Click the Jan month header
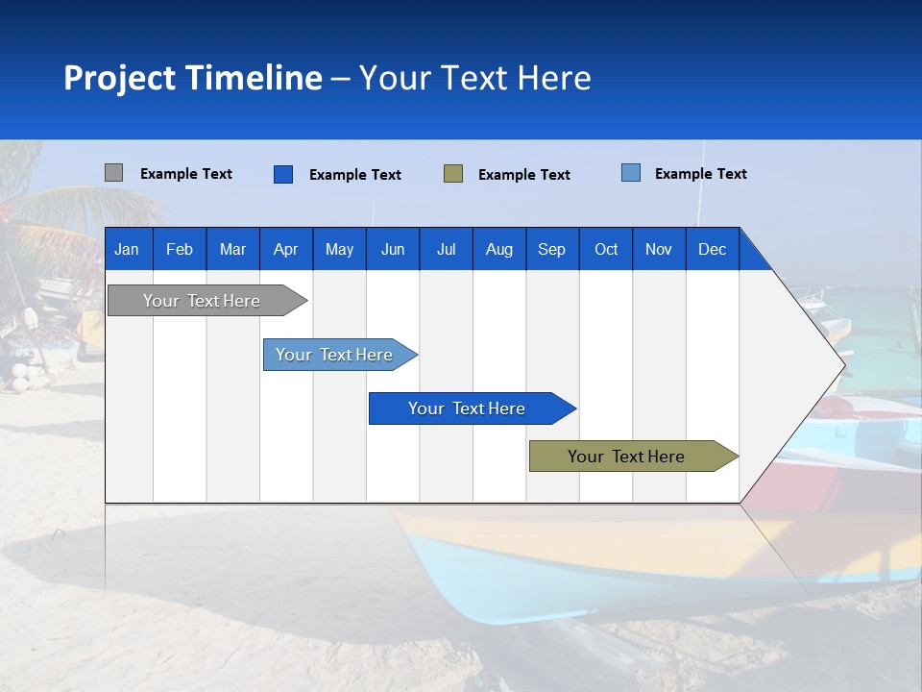click(127, 249)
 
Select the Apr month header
click(285, 249)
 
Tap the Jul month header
click(446, 249)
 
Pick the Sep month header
click(551, 249)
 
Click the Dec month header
click(712, 249)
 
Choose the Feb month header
click(180, 249)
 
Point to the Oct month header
click(606, 249)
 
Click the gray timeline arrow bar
click(203, 301)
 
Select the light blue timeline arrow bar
click(335, 355)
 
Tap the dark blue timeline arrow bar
click(468, 408)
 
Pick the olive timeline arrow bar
click(627, 457)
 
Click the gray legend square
click(113, 173)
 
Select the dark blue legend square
click(283, 174)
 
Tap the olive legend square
click(453, 174)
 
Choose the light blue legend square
click(631, 173)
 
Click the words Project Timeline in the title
click(193, 78)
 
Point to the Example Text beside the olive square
click(524, 175)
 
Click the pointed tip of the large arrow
click(843, 363)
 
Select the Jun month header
click(393, 249)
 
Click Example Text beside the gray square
click(186, 174)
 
